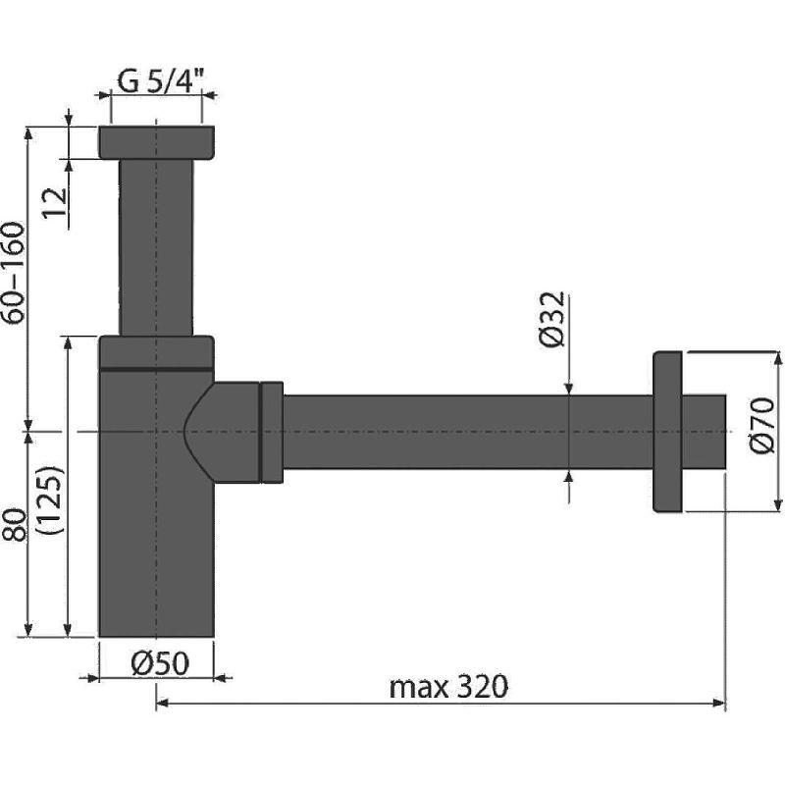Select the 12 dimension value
[x=56, y=202]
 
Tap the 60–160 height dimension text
[x=14, y=273]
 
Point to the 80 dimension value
[x=14, y=525]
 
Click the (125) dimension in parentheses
[x=52, y=500]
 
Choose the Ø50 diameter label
[x=160, y=663]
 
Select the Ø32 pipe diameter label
[x=552, y=318]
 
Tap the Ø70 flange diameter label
[x=762, y=425]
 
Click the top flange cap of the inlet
[x=157, y=142]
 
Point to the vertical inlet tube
[x=156, y=247]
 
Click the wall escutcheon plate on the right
[x=667, y=432]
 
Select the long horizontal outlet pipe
[x=468, y=432]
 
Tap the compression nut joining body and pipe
[x=272, y=433]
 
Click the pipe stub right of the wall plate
[x=704, y=432]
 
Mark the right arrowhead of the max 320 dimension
[x=719, y=704]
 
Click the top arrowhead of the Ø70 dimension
[x=777, y=358]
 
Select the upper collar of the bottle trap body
[x=157, y=352]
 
